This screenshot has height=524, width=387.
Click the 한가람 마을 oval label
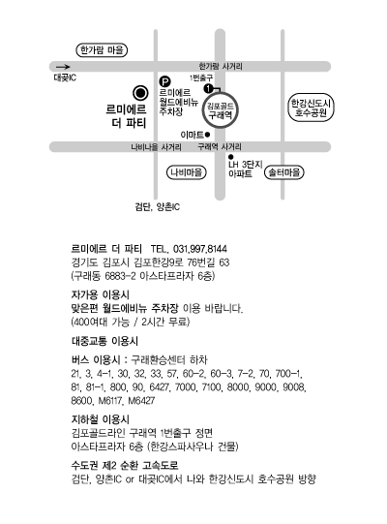click(x=102, y=50)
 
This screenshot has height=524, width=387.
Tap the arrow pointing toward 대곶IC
click(x=63, y=67)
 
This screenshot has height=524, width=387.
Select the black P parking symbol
click(x=164, y=81)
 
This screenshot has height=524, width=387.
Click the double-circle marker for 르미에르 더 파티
click(x=140, y=93)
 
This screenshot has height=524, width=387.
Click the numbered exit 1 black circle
click(x=208, y=88)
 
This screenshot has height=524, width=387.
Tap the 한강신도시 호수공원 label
click(x=311, y=108)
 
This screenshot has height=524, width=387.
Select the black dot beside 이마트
click(x=207, y=135)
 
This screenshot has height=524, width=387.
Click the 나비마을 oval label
click(x=187, y=172)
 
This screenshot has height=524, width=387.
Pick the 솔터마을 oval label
click(x=284, y=172)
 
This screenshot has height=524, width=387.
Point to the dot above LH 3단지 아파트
click(x=230, y=156)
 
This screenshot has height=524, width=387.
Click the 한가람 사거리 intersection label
click(x=221, y=66)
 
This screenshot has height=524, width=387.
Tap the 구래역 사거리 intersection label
click(x=220, y=146)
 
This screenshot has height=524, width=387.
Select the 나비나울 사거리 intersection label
click(x=157, y=147)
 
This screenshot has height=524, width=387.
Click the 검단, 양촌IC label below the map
click(x=158, y=207)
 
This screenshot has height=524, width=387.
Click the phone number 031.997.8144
click(x=200, y=249)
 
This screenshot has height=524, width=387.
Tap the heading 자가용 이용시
click(x=101, y=294)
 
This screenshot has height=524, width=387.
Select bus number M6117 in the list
click(x=110, y=401)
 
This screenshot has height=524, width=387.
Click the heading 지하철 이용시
click(x=101, y=419)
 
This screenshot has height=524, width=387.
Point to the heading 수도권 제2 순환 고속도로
click(x=125, y=465)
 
